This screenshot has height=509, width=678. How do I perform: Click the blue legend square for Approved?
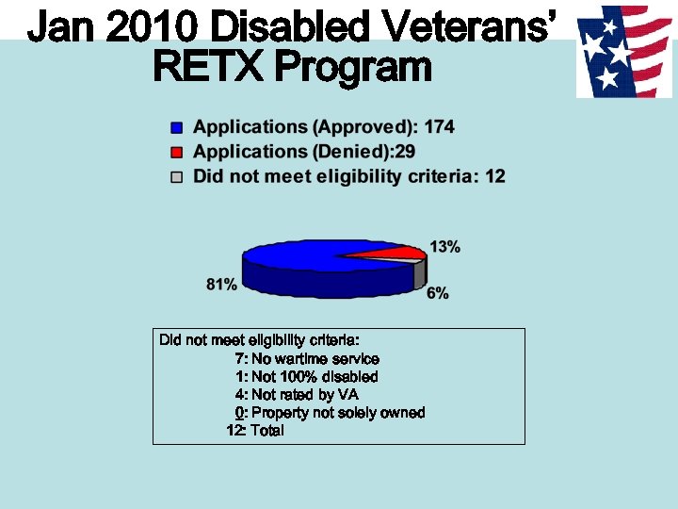[x=176, y=127]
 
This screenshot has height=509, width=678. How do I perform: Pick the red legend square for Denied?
[x=176, y=152]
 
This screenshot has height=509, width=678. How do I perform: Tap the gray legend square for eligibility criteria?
[x=176, y=176]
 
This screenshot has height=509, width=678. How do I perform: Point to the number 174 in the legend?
[x=439, y=127]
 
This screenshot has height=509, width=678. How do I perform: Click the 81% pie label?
[x=221, y=284]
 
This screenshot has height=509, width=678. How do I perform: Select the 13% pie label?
[x=444, y=247]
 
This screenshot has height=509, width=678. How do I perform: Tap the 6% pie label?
[x=437, y=293]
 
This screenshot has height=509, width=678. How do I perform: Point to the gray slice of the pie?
[x=421, y=272]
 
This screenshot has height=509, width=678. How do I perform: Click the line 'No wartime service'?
[x=315, y=359]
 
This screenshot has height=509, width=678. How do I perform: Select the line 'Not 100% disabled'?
[x=315, y=377]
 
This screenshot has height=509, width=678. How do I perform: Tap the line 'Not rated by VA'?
[x=305, y=395]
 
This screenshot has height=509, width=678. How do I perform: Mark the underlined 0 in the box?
[x=240, y=413]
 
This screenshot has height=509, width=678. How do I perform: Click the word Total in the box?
[x=267, y=431]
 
